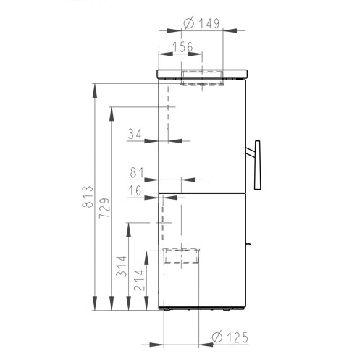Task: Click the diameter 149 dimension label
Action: pyautogui.click(x=202, y=23)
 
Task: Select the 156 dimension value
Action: pyautogui.click(x=183, y=47)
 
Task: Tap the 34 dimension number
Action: pyautogui.click(x=135, y=134)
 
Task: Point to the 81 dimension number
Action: pyautogui.click(x=137, y=173)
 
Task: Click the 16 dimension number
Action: pyautogui.click(x=135, y=190)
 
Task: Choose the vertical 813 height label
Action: pyautogui.click(x=88, y=197)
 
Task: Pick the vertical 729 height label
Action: pyautogui.click(x=104, y=209)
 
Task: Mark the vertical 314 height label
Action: pyautogui.click(x=121, y=266)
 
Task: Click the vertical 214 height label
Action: pyautogui.click(x=139, y=280)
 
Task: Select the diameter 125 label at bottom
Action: pyautogui.click(x=230, y=337)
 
